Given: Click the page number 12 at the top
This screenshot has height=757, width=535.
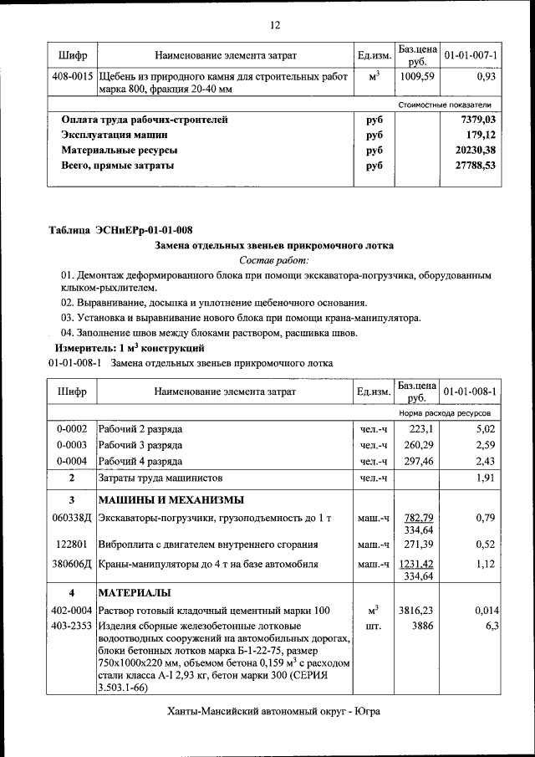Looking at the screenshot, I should click(274, 25).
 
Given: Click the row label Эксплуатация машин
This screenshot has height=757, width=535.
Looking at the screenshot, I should click(115, 135).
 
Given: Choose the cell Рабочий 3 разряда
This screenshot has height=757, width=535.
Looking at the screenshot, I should click(140, 444).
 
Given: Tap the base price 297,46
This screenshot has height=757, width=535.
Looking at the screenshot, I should click(417, 461).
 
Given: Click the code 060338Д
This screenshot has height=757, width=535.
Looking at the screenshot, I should click(72, 519).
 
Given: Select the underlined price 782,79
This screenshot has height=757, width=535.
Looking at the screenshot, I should click(416, 518).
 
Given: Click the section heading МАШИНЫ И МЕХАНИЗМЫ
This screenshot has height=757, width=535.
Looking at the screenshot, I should click(171, 500).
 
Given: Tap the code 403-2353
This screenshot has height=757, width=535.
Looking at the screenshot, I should click(73, 625).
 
